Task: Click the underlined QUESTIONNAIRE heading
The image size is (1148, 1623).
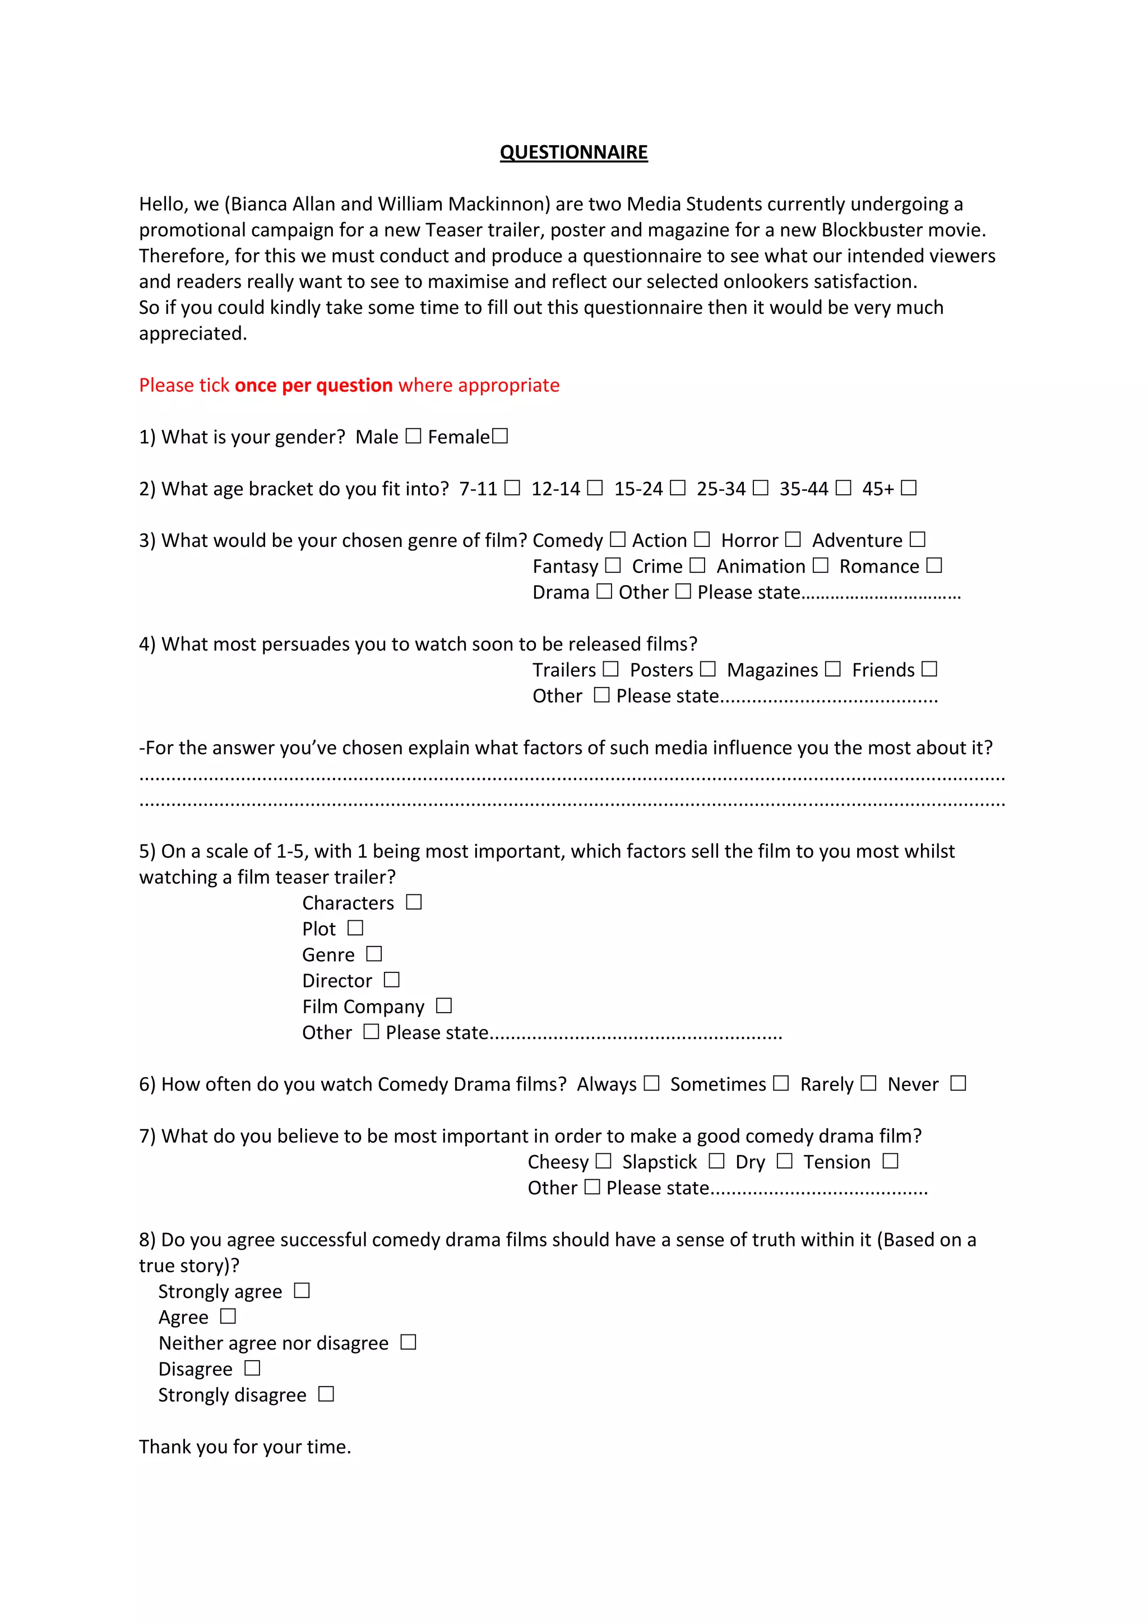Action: pos(573,152)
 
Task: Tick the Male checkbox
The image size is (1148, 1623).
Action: pos(414,436)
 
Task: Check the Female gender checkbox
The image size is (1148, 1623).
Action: pos(500,436)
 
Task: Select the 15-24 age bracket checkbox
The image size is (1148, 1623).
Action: pos(677,488)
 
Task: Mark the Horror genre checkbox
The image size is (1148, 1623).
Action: pos(793,539)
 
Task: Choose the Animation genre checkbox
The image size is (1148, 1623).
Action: pos(820,565)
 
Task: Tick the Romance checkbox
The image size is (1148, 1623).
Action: pos(934,565)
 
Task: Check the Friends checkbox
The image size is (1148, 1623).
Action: pos(929,669)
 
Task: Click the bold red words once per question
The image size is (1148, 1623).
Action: pos(313,385)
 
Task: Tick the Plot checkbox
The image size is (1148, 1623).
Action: pos(355,928)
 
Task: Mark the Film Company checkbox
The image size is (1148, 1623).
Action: pos(444,1005)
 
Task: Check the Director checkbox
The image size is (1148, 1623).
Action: pos(392,980)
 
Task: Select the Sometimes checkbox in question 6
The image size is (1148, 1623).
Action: pos(780,1083)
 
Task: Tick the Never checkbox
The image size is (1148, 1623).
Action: pos(958,1083)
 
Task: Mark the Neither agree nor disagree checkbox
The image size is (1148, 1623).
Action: pos(409,1342)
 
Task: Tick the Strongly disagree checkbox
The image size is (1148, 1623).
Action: pos(326,1394)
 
